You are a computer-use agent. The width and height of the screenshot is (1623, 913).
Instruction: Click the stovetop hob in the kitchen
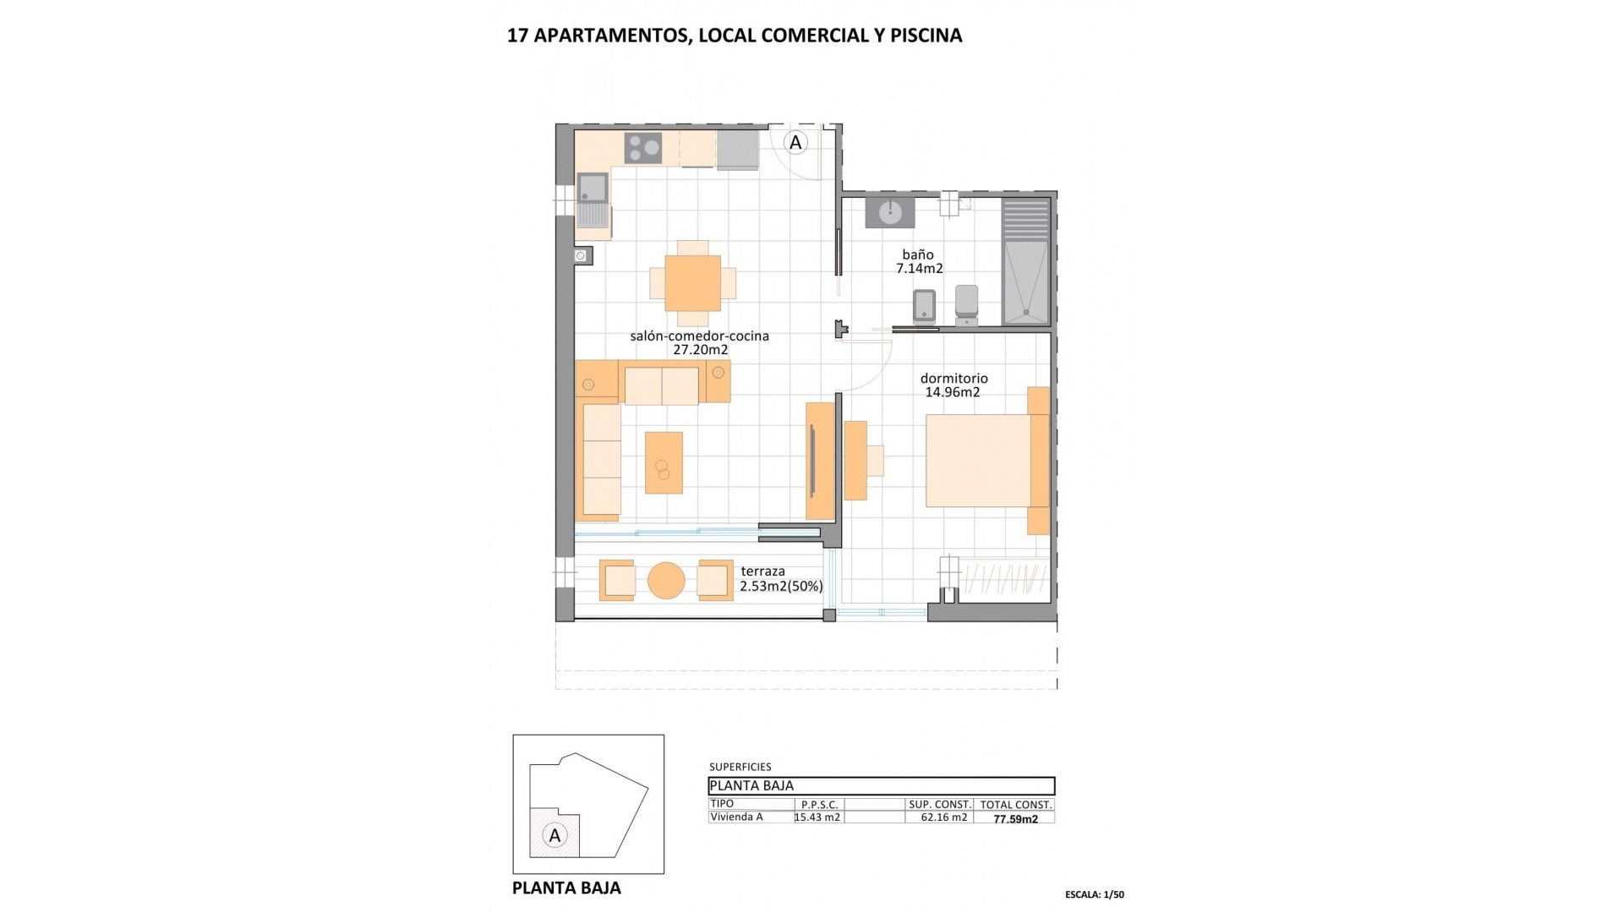[643, 148]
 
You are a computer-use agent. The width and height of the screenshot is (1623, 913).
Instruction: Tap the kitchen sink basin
[592, 187]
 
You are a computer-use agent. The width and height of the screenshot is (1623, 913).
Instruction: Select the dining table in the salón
[692, 282]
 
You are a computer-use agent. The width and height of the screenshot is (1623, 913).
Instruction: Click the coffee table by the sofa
[664, 462]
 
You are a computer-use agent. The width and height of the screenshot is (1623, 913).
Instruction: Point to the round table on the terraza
[666, 581]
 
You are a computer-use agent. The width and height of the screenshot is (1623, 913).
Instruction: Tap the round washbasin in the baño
[889, 211]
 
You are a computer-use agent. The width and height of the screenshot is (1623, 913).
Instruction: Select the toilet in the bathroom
[966, 303]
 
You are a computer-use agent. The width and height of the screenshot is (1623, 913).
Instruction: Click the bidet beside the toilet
[925, 306]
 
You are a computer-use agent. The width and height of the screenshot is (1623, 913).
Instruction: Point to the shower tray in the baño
[1025, 281]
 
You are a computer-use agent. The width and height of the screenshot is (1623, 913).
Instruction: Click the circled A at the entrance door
[795, 143]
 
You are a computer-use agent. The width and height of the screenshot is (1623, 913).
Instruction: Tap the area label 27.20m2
[700, 350]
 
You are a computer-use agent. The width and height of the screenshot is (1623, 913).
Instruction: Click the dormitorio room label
[954, 379]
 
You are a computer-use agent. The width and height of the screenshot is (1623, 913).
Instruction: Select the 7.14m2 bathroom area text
[919, 269]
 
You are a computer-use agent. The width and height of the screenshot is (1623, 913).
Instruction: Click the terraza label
[762, 571]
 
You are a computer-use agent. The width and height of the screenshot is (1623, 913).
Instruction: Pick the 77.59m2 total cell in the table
[1015, 819]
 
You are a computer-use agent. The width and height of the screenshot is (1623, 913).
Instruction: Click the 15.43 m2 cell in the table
[817, 817]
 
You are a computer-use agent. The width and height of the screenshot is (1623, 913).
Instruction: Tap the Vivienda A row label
[736, 817]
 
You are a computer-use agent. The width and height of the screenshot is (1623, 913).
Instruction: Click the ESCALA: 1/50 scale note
[1094, 894]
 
